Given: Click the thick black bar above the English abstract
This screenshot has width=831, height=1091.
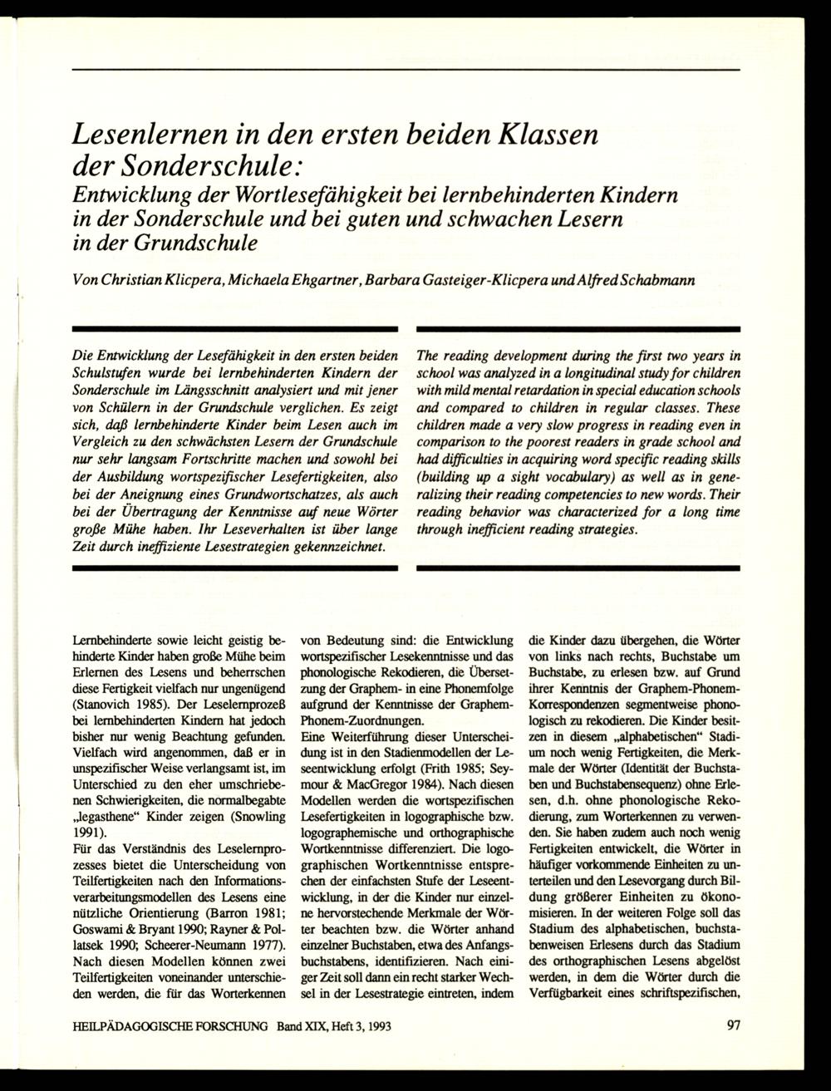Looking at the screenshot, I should point(578,331).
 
